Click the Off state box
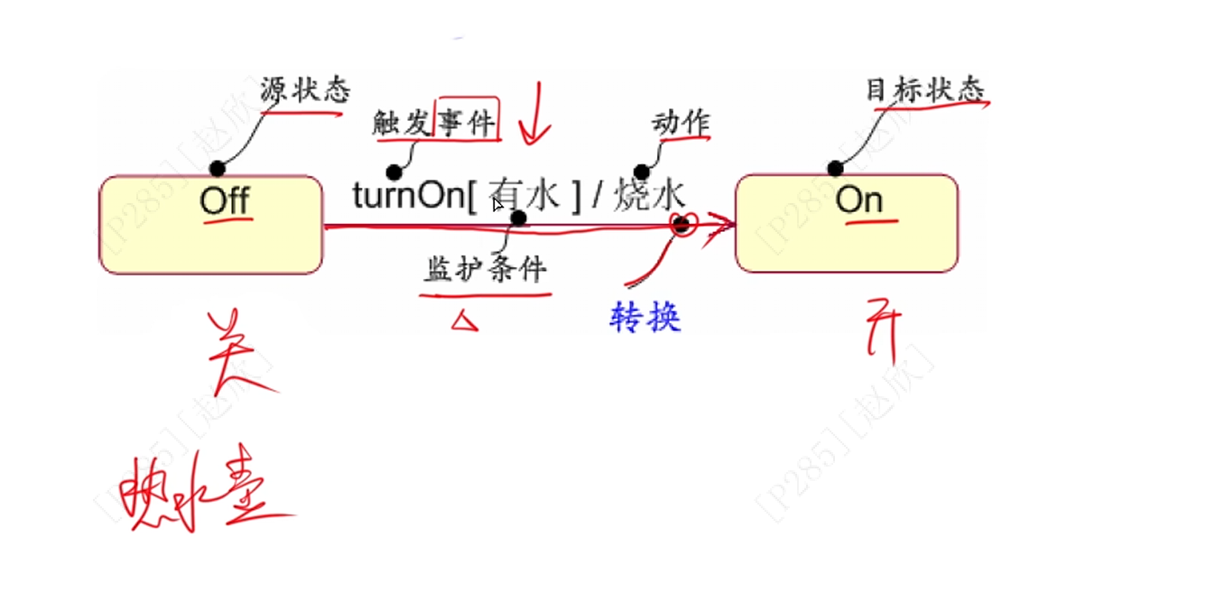210,225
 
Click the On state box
847,223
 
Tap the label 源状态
304,90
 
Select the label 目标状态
924,90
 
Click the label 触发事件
434,122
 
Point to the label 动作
681,123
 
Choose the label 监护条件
486,270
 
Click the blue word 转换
645,317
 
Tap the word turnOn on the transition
407,195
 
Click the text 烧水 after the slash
649,194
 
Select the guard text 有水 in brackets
524,195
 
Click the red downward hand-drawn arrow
535,115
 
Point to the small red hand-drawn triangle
464,320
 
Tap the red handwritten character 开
883,334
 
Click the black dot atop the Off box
217,168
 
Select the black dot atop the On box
836,168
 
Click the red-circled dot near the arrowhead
682,224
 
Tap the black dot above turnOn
394,171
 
